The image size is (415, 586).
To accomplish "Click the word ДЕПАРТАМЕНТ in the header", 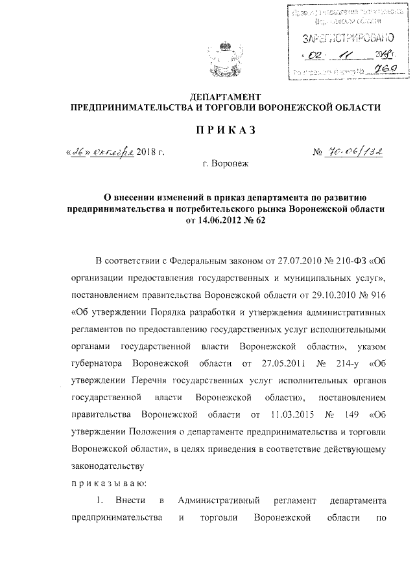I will click(219, 96).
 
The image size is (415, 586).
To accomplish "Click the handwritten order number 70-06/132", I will click(355, 153).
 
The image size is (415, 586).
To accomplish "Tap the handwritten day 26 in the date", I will click(78, 153).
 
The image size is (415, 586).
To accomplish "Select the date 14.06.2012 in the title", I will click(221, 221).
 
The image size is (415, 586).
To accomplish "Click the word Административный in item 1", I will click(224, 501).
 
